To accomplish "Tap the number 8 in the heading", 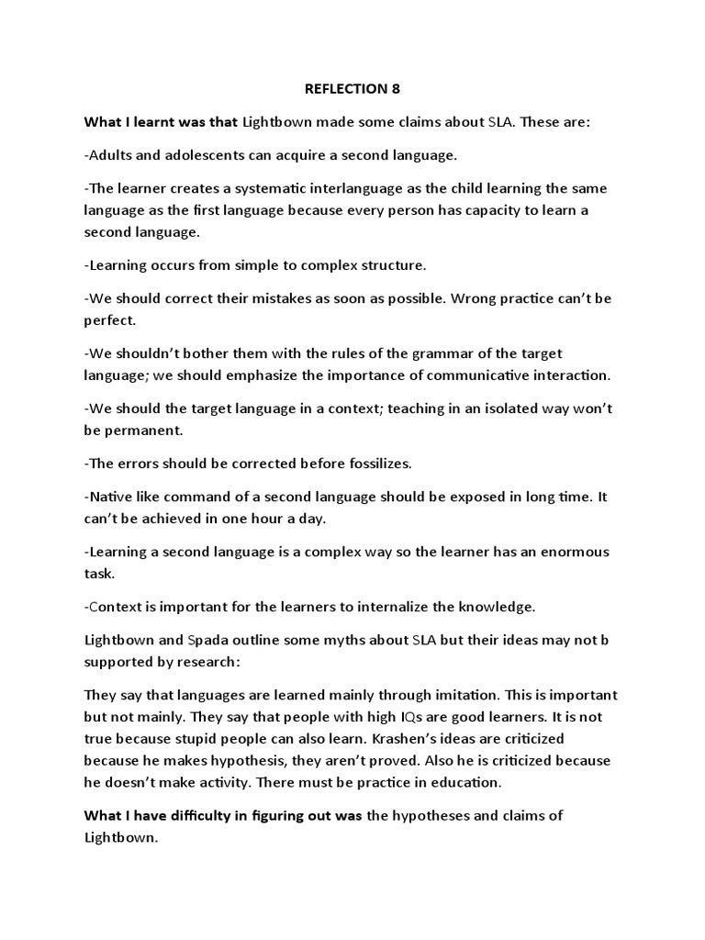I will [397, 88].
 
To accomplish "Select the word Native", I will [110, 497].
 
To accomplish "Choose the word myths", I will [326, 640].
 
